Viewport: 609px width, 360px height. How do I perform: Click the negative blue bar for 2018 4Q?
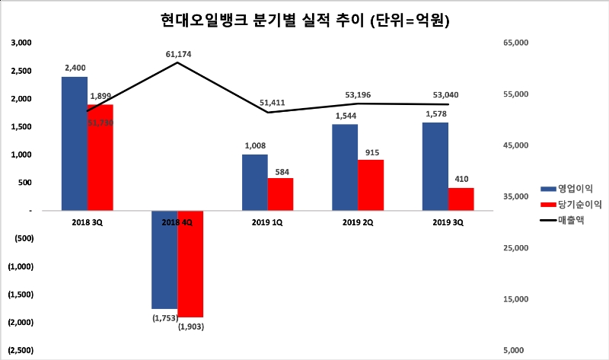click(x=164, y=259)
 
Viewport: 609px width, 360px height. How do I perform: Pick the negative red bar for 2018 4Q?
click(x=190, y=263)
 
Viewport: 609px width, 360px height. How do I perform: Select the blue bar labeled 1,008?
click(x=255, y=182)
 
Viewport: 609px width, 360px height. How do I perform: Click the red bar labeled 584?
click(x=280, y=194)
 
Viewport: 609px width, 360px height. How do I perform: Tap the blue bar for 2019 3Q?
click(x=435, y=166)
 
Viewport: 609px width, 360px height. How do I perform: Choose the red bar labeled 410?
click(x=461, y=199)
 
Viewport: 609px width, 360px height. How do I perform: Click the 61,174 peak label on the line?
click(x=177, y=54)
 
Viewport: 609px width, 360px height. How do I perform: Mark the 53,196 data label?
click(x=357, y=95)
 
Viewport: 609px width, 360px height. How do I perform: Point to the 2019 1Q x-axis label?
click(x=267, y=221)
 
